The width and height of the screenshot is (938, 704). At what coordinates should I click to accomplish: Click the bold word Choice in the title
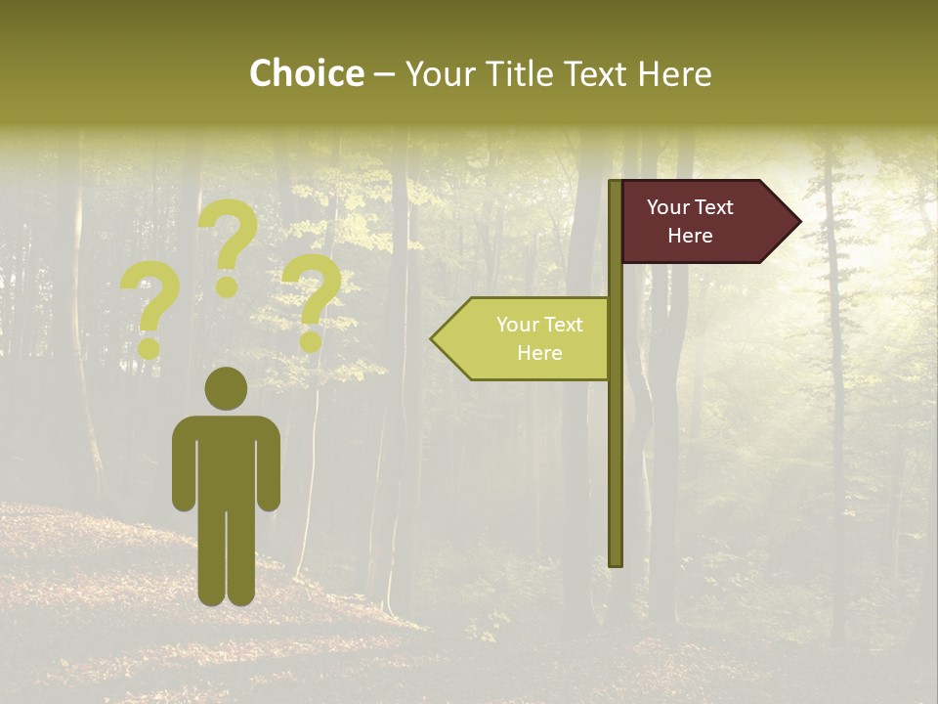coord(306,74)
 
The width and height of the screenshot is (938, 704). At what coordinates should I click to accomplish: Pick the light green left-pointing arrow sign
coord(528,338)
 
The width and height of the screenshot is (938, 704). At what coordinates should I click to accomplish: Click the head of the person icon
coord(226,388)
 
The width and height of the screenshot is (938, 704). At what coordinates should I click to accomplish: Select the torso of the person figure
coord(226,460)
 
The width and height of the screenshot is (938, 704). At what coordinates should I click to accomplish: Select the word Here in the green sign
coord(539,353)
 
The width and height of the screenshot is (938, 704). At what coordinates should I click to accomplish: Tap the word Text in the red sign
coord(715,207)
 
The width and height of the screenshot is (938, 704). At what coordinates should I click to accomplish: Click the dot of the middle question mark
coord(227,286)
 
